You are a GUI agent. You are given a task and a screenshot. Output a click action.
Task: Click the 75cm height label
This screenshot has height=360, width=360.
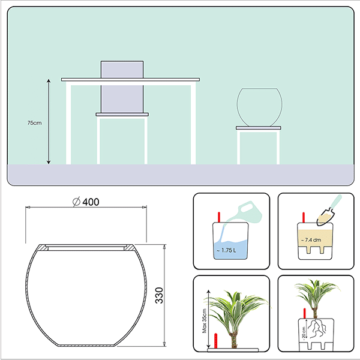tap(34, 123)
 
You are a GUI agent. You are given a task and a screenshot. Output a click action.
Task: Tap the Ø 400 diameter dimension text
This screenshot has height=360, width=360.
tap(86, 202)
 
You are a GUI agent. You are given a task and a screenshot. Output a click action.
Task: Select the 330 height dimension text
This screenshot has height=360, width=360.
tap(159, 295)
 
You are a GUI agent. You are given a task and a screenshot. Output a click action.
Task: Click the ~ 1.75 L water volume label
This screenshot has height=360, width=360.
tap(226, 250)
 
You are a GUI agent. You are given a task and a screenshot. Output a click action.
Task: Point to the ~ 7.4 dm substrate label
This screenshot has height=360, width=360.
tap(311, 240)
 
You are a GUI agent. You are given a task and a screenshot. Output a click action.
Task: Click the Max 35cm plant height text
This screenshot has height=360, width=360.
tap(205, 321)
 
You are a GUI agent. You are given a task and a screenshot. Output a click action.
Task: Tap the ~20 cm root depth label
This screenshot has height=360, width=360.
tap(304, 332)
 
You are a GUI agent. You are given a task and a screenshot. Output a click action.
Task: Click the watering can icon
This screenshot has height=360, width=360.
tap(245, 212)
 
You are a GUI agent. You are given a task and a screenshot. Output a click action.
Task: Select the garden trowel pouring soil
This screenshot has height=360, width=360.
tap(329, 211)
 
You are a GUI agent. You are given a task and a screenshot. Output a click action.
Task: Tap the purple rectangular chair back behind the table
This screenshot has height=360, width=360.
tap(122, 87)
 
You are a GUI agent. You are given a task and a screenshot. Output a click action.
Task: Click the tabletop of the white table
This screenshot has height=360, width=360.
tap(130, 79)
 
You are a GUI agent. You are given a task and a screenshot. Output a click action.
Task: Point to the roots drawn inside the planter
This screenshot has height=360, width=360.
tap(317, 328)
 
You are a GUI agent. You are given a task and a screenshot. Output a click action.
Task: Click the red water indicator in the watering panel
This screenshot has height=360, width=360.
tap(219, 217)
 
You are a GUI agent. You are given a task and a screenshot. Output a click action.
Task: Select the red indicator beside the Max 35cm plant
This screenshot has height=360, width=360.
tap(215, 341)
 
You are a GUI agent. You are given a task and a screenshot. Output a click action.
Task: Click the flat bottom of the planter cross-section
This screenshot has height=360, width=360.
tap(87, 345)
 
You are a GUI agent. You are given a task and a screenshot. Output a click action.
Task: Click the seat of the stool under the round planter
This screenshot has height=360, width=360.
tap(259, 128)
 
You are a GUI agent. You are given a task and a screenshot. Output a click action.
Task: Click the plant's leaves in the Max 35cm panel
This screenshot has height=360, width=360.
tap(236, 305)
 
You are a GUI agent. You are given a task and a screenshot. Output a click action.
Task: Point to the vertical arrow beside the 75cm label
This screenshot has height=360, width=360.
tap(49, 121)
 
